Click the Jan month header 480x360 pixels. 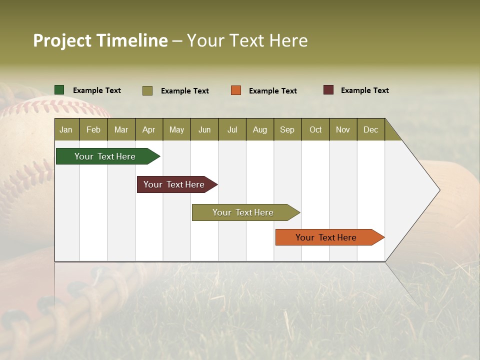(66, 129)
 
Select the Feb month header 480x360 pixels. (93, 129)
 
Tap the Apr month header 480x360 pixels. (149, 129)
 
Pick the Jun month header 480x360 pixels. (204, 129)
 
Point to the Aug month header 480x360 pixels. (260, 129)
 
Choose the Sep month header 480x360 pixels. (287, 129)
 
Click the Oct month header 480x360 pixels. (315, 129)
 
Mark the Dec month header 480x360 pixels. (371, 129)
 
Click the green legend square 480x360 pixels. (59, 90)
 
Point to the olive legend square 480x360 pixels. (147, 90)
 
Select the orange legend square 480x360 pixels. (236, 90)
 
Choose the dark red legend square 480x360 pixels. (328, 90)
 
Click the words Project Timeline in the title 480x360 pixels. (100, 40)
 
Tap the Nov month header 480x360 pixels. (343, 129)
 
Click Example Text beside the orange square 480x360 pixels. (273, 91)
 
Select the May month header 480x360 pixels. (176, 129)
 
